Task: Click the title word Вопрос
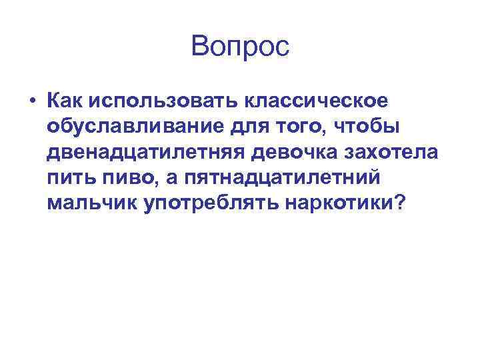[240, 47]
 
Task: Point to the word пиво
[131, 178]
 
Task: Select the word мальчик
[92, 203]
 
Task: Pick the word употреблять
[211, 203]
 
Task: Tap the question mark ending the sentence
[399, 203]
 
